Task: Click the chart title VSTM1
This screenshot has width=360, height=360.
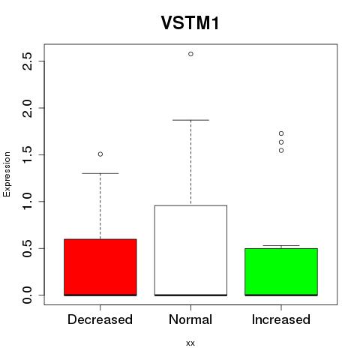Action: coord(190,23)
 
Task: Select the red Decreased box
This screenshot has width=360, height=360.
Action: coord(100,267)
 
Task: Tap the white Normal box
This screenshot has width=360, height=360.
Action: coord(190,250)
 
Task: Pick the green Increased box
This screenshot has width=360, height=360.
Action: coord(281,272)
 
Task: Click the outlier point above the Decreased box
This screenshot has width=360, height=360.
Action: coord(100,154)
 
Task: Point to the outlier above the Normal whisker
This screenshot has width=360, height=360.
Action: coord(190,54)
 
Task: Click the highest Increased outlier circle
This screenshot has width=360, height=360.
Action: coord(281,133)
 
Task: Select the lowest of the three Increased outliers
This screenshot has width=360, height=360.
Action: coord(281,151)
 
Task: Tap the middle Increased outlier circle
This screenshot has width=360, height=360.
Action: coord(281,142)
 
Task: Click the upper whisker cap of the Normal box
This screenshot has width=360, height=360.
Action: coord(190,120)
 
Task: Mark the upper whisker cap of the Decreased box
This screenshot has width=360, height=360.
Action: coord(100,173)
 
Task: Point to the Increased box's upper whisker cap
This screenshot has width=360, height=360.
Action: coord(281,245)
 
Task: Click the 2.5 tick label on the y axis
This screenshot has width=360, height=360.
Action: coord(27,61)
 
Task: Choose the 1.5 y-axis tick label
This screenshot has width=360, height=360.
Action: coord(27,154)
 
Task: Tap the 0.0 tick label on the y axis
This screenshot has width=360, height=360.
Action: coord(27,295)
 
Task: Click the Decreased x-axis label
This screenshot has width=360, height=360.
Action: coord(100,319)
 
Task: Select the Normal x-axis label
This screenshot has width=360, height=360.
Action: coord(190,319)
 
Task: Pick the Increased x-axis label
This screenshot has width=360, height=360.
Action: coord(281,319)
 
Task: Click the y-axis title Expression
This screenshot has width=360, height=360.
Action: coord(7,174)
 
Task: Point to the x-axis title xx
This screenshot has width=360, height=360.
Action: coord(190,343)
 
